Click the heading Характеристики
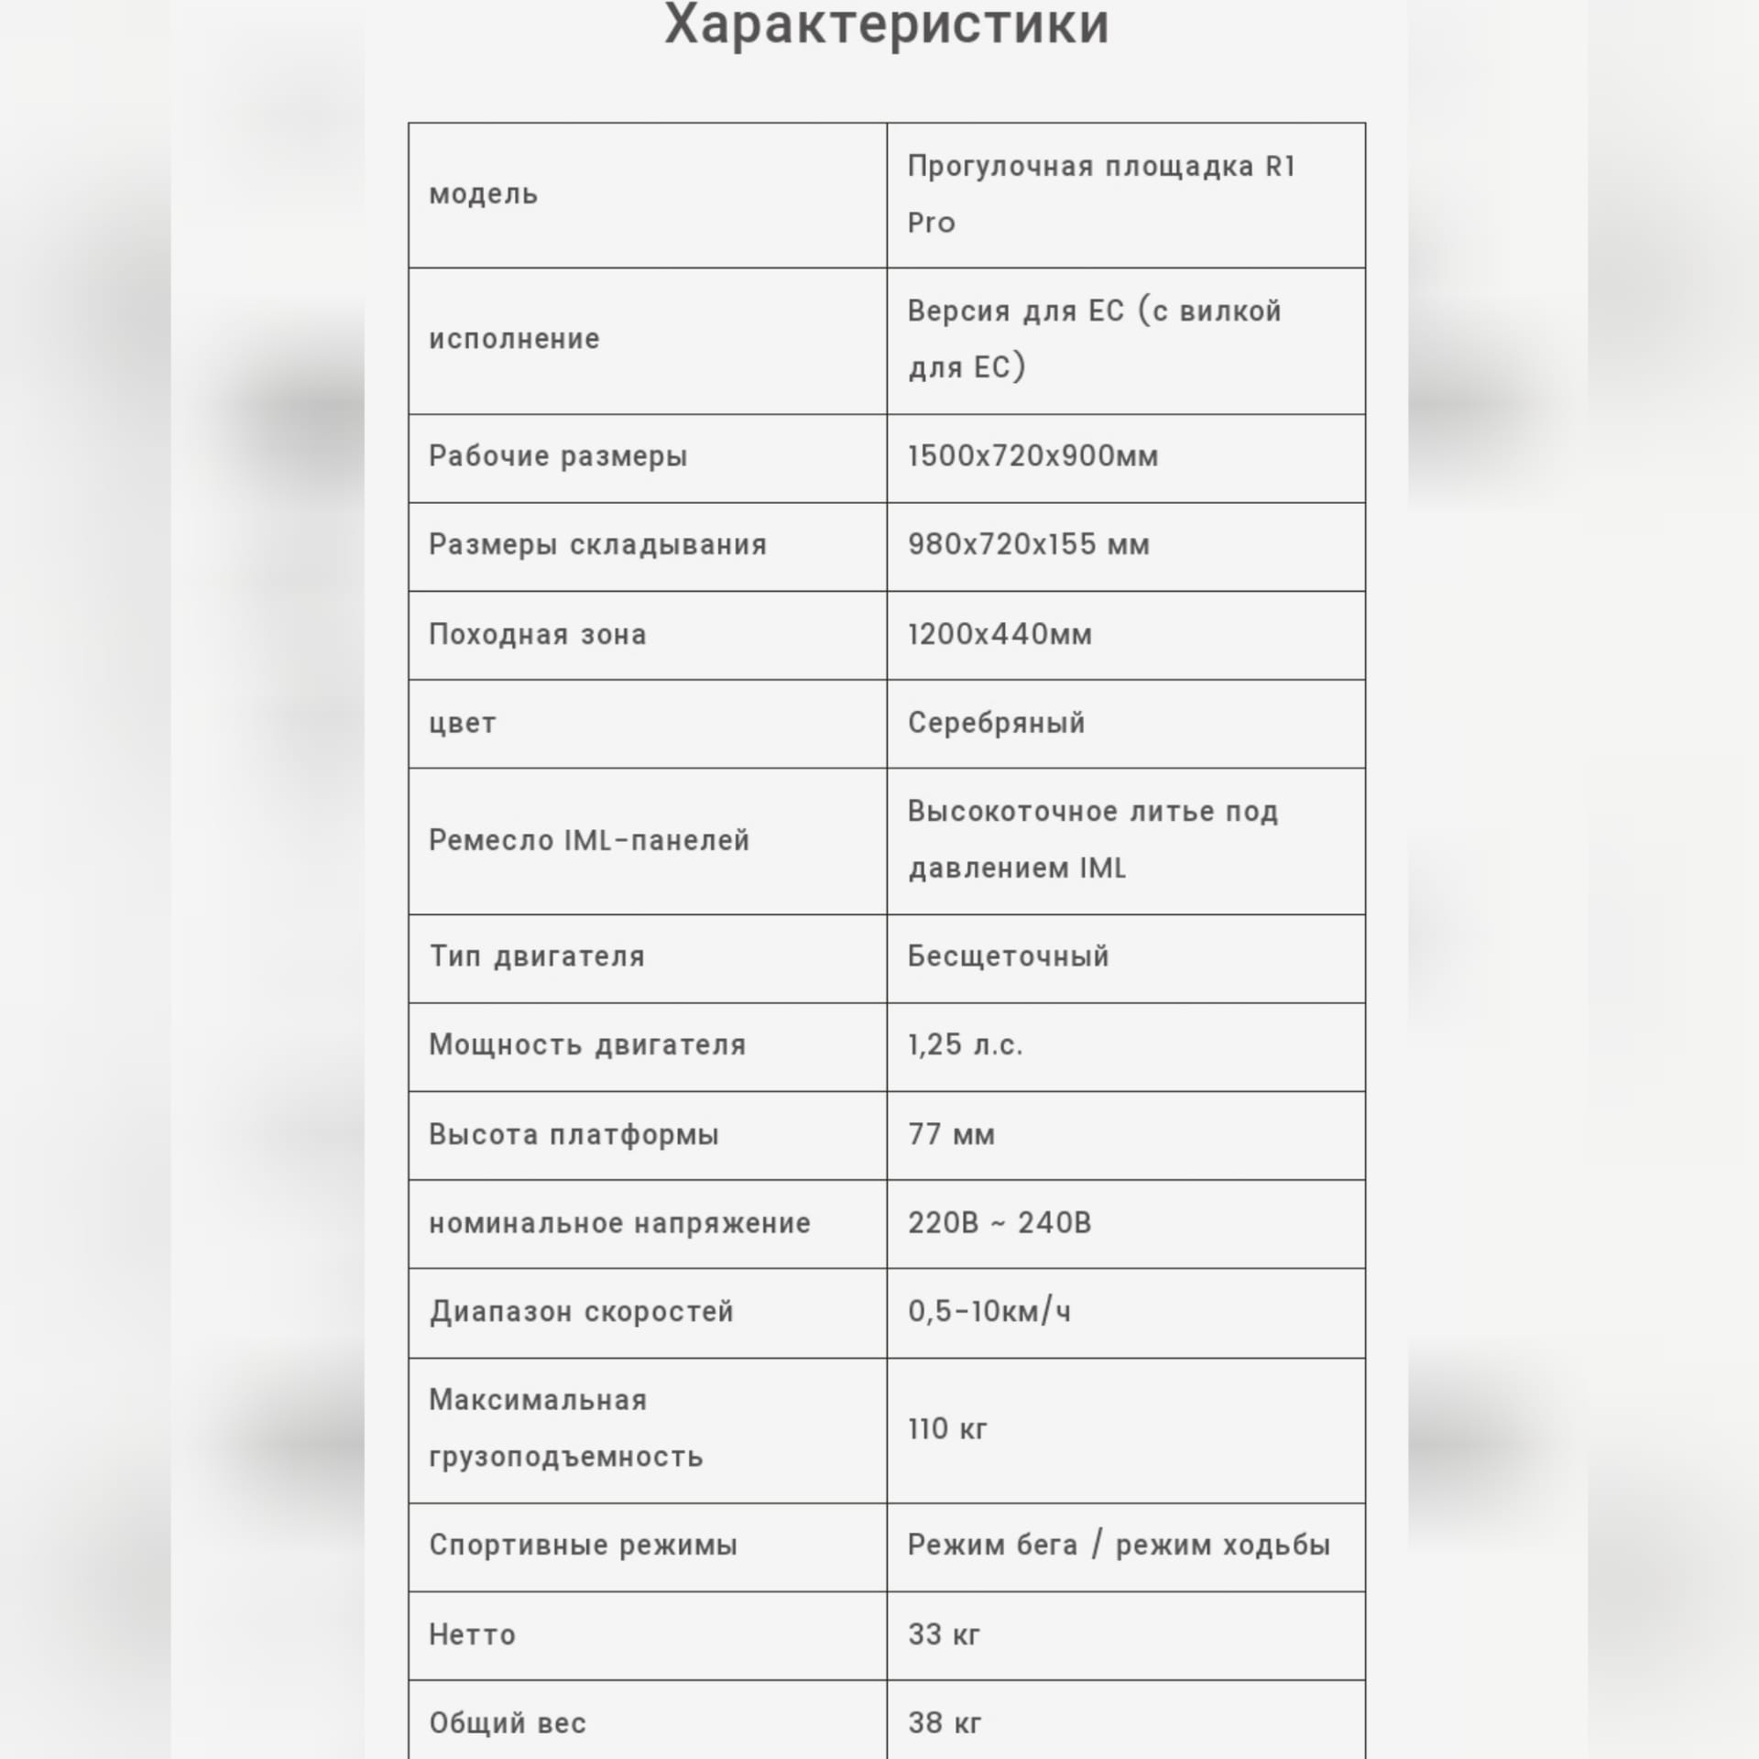(x=886, y=24)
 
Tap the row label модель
(x=483, y=194)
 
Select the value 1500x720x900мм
(x=1032, y=456)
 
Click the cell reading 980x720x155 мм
(x=1028, y=545)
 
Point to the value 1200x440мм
(x=1000, y=634)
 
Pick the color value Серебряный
(x=996, y=723)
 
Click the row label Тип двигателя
(x=537, y=956)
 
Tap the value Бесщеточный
(x=1008, y=956)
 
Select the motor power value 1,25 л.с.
(x=965, y=1045)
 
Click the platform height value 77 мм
(x=951, y=1134)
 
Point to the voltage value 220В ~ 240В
(x=1000, y=1223)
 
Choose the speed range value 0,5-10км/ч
(x=989, y=1312)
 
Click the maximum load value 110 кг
(x=947, y=1429)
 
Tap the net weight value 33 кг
(x=944, y=1634)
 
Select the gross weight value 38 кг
(x=945, y=1723)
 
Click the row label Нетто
(x=472, y=1635)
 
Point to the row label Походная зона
(x=537, y=634)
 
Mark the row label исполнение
(x=514, y=339)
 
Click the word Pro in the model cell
(x=931, y=223)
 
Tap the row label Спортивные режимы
(x=583, y=1546)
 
